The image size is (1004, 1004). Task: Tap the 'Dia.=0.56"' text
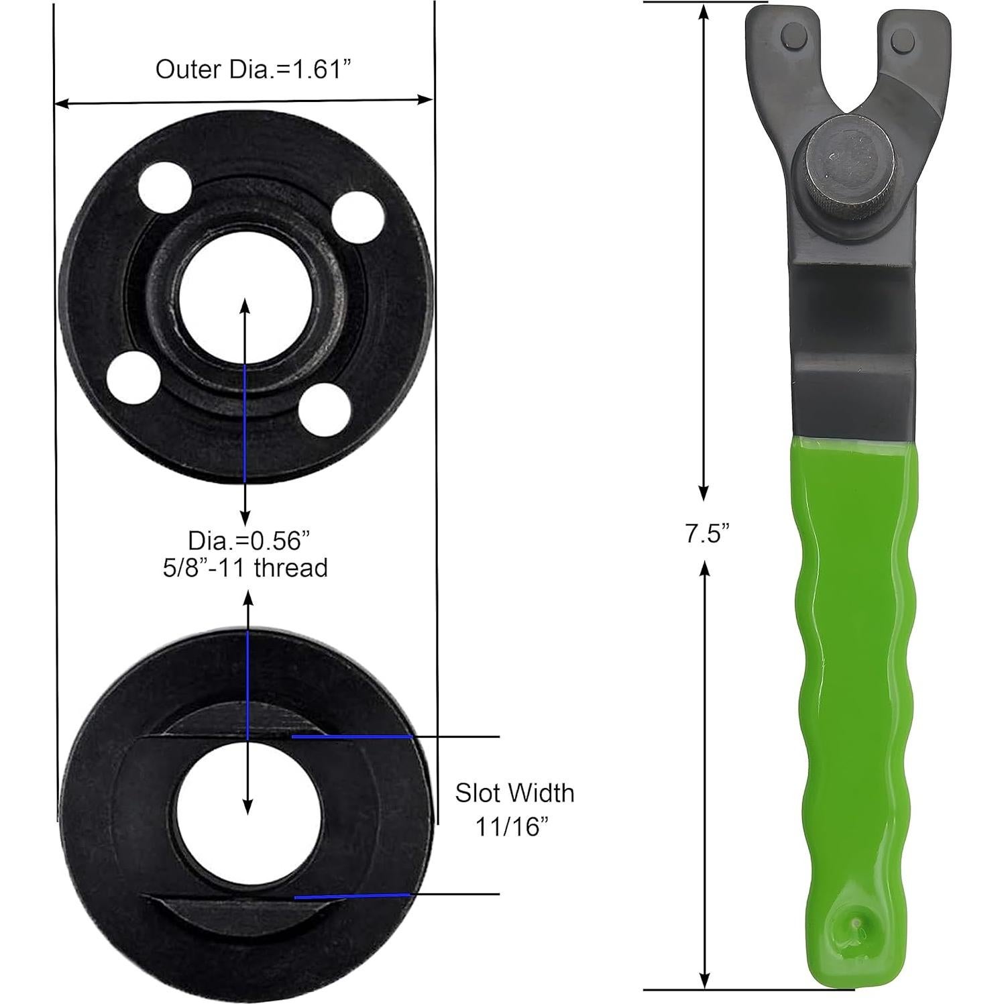coord(249,540)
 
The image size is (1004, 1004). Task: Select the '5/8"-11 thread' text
coord(245,568)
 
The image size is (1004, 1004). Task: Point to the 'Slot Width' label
coord(514,793)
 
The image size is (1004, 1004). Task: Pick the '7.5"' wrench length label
coord(706,534)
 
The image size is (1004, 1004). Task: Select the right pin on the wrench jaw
coord(902,39)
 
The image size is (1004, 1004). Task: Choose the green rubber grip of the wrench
coord(852,671)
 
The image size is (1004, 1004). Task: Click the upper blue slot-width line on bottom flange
coord(351,736)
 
